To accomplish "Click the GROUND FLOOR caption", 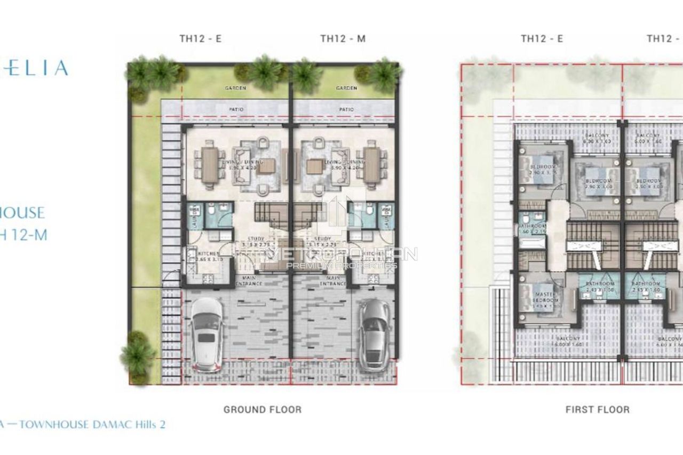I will (262, 410).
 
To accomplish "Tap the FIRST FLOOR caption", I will (597, 410).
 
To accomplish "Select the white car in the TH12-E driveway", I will (207, 334).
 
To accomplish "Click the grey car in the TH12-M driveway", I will (374, 334).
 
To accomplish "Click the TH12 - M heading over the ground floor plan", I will (343, 38).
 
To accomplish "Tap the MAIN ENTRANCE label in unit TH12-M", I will (334, 281).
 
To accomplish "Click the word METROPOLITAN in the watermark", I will (341, 254).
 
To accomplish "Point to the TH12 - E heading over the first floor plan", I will (542, 38).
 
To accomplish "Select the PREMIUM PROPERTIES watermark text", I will (341, 265).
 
